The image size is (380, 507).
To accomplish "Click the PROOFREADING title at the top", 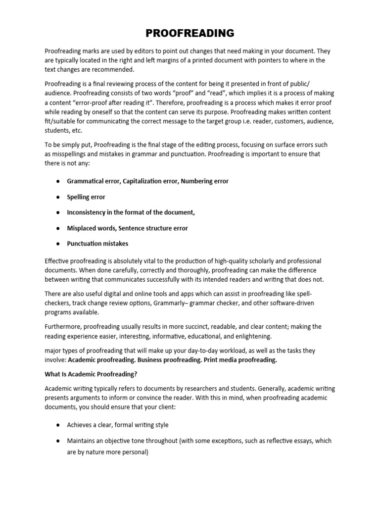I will (x=190, y=34).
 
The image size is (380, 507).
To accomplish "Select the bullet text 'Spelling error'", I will (x=86, y=197).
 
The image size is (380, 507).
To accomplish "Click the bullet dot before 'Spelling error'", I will (x=57, y=197).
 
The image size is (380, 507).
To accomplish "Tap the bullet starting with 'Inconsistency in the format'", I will (x=131, y=212).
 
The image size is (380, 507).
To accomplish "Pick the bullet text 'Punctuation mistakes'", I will (x=97, y=244).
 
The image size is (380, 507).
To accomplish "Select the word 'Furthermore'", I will (x=63, y=327).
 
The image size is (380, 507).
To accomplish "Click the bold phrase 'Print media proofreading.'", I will (x=242, y=360).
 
